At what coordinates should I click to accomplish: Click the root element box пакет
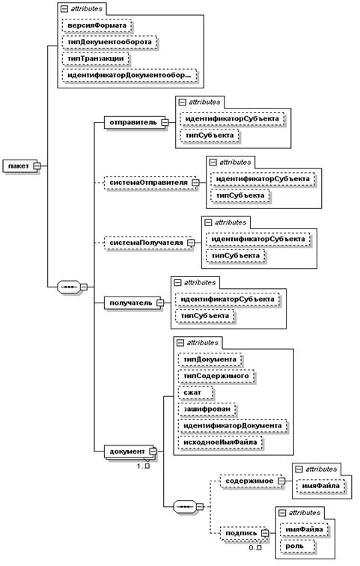coord(21,166)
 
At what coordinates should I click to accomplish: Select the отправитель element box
coord(136,122)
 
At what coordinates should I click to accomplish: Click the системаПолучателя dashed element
coord(149,243)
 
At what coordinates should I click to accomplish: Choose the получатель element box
coord(134,303)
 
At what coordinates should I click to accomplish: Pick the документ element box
coord(130,451)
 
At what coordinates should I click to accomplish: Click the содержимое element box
coord(252,481)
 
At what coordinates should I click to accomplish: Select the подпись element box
coord(244,533)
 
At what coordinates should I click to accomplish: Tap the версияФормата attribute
coord(97,25)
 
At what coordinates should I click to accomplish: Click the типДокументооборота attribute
coord(110,42)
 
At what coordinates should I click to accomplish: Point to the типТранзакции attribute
coord(96,59)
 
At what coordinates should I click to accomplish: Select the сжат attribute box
coord(195,392)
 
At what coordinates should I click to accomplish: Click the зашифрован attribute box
coord(207,409)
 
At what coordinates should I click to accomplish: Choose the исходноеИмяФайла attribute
coord(220,442)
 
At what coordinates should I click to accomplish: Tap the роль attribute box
coord(297,546)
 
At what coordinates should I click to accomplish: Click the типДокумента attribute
coord(210,359)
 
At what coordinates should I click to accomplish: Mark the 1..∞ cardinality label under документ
coord(143,466)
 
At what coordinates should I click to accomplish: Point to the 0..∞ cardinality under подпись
coord(255,547)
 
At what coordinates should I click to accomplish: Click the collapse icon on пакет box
coord(37,166)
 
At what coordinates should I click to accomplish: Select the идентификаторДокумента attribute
coord(233,425)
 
